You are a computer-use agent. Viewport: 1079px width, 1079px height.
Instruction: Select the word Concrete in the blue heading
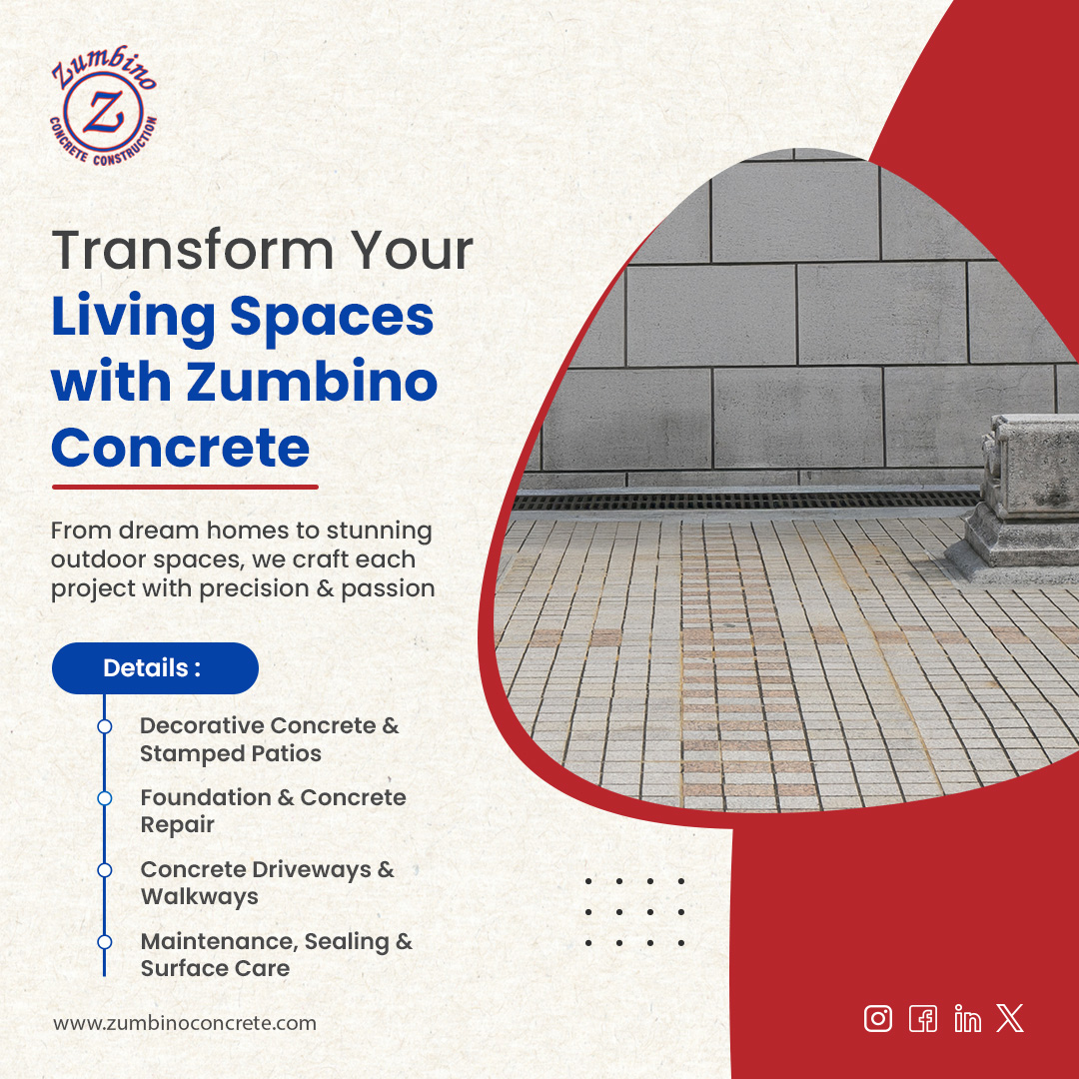click(x=180, y=448)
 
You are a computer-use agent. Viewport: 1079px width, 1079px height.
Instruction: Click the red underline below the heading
click(x=184, y=488)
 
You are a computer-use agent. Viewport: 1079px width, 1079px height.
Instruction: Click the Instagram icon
click(x=878, y=1018)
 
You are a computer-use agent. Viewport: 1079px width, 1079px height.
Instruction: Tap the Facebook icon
click(x=923, y=1018)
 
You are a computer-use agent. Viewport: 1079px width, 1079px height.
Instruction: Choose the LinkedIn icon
click(x=967, y=1019)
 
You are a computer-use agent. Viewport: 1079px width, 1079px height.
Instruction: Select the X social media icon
click(x=1010, y=1018)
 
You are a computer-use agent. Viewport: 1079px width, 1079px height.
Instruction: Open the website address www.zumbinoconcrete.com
click(x=185, y=1023)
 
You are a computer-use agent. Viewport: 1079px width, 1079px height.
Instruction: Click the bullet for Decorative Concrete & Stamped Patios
click(x=104, y=726)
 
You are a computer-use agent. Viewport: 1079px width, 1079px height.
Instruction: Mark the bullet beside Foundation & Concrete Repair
click(x=104, y=798)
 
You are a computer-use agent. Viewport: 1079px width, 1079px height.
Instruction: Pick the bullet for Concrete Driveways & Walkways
click(x=104, y=870)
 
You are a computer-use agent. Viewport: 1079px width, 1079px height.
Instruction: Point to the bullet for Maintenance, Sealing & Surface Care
click(x=104, y=942)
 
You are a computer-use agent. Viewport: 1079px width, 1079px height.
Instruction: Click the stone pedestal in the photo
click(x=1024, y=495)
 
